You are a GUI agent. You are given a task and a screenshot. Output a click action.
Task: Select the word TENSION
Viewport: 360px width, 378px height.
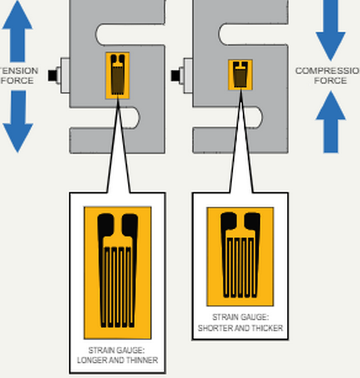click(x=18, y=71)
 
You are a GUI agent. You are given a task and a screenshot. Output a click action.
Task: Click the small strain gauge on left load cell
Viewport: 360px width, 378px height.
click(x=117, y=74)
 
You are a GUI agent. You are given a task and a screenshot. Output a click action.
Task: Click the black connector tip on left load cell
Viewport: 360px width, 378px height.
click(x=52, y=75)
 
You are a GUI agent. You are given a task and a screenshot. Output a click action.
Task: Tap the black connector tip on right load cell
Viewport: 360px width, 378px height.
click(x=175, y=75)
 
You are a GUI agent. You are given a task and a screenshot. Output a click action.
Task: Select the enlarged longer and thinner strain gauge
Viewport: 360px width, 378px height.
click(x=117, y=272)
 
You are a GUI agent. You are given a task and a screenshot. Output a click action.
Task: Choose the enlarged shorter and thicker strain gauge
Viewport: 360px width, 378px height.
click(x=240, y=256)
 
